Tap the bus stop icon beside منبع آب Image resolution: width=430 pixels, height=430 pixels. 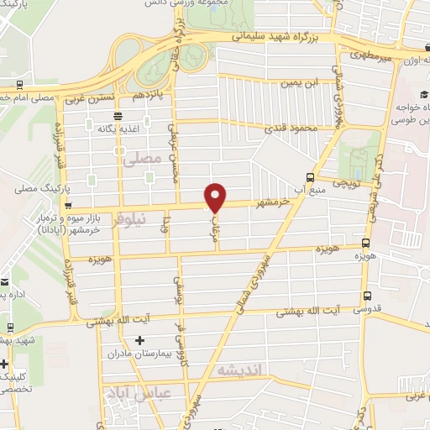pyautogui.click(x=311, y=177)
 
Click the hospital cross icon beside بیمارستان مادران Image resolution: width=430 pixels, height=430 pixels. pyautogui.click(x=139, y=340)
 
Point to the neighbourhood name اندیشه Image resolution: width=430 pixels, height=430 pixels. pyautogui.click(x=239, y=370)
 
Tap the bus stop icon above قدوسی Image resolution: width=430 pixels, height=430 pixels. pyautogui.click(x=367, y=296)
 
